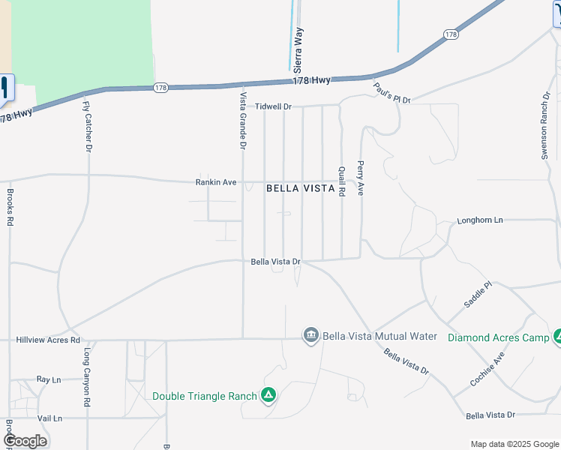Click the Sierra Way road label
tap(298, 49)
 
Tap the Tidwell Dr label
tap(272, 106)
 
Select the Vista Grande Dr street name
tap(242, 120)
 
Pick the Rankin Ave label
tap(216, 182)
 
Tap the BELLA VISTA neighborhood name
tap(300, 189)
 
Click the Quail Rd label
tap(341, 181)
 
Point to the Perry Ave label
tap(361, 178)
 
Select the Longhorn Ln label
tap(480, 220)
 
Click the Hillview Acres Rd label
tap(48, 340)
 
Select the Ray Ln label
tap(48, 380)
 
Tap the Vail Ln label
tap(49, 418)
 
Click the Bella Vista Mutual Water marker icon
tap(311, 335)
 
